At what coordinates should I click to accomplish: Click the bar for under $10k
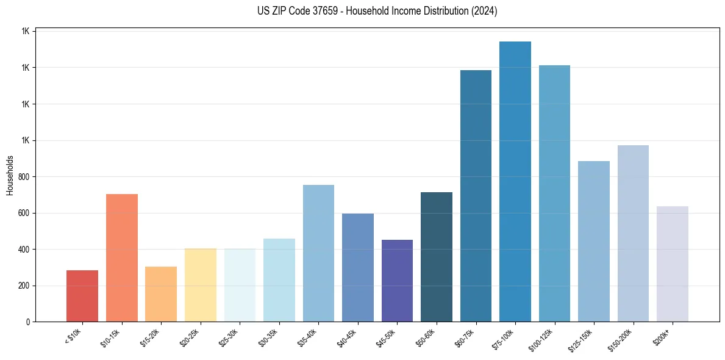pos(82,296)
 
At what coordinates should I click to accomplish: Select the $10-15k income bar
pos(122,258)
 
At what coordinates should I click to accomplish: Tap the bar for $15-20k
pos(161,294)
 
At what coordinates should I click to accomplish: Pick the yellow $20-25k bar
pos(201,285)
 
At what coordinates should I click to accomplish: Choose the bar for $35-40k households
pos(318,253)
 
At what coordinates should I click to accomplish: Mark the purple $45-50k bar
pos(397,281)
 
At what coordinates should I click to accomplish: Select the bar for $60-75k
pos(476,196)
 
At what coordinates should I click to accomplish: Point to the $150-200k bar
pos(633,234)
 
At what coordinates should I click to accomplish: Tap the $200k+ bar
pos(673,264)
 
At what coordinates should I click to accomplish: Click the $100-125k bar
pos(554,193)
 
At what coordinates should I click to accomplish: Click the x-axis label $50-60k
pos(426,338)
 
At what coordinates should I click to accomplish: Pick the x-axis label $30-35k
pos(268,338)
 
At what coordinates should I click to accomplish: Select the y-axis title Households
pos(10,175)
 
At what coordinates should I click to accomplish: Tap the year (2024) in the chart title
pos(484,11)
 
